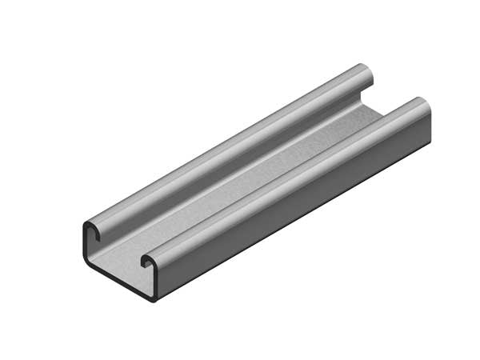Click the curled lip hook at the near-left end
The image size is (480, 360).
coord(94,232)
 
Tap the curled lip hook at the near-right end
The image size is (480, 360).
coord(148,261)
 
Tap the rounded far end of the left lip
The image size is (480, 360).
coord(366,76)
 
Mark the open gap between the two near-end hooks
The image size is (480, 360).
coord(120,244)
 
